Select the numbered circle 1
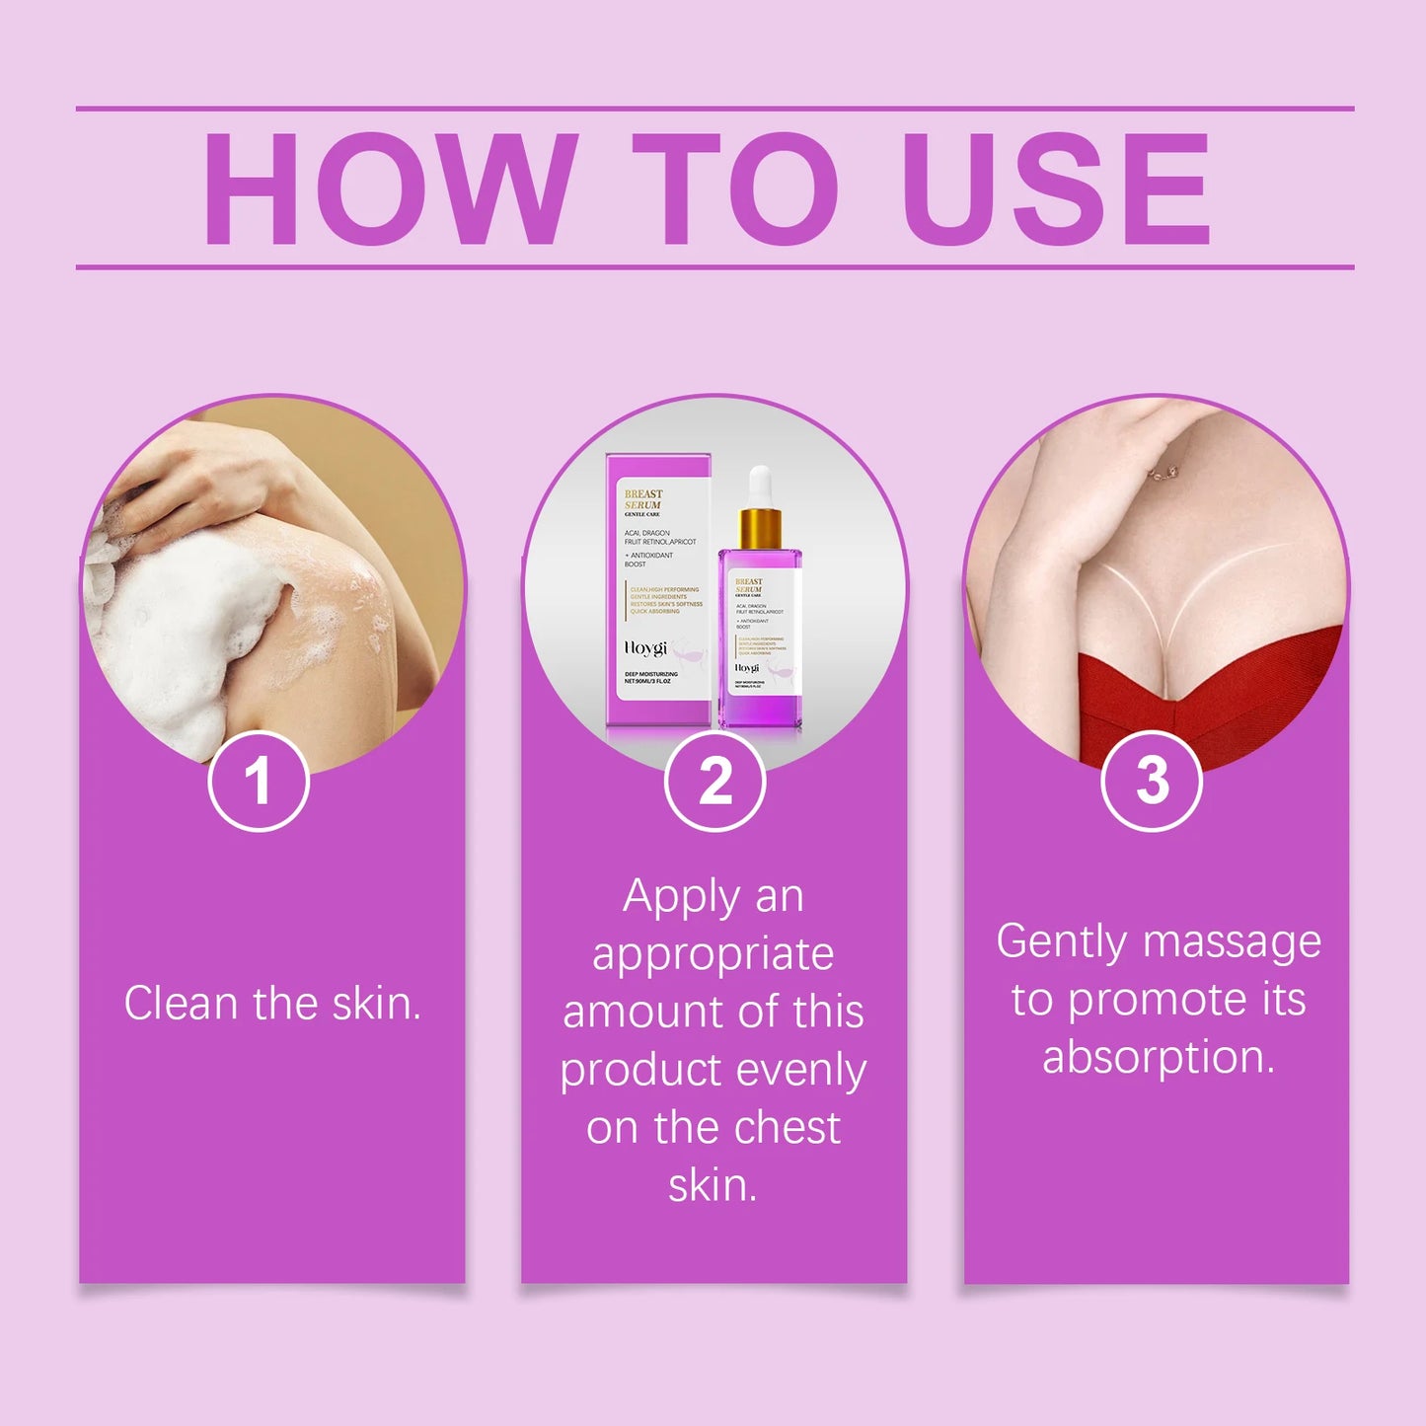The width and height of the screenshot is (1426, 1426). tap(259, 782)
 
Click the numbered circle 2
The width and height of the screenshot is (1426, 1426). tap(714, 782)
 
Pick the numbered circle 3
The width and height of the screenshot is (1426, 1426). tap(1151, 782)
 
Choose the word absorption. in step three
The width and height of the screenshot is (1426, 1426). tap(1159, 1058)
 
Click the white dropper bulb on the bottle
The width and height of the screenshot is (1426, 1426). tap(759, 487)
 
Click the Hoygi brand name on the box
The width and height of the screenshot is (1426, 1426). tap(645, 648)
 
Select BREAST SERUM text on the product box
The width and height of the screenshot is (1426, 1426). tap(642, 499)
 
